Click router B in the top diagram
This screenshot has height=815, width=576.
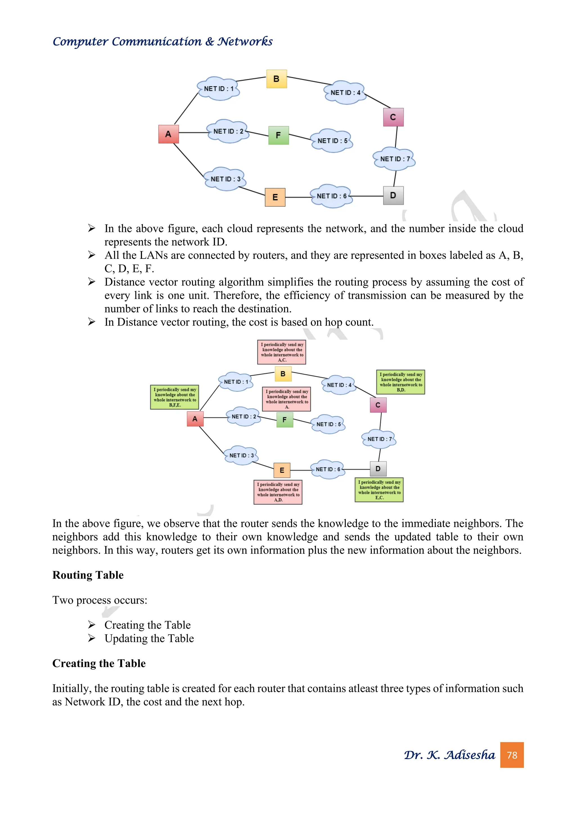(276, 79)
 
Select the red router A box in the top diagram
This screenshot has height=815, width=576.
(168, 134)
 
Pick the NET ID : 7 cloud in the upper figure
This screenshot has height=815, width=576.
(394, 159)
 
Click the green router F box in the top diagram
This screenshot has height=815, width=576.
(278, 135)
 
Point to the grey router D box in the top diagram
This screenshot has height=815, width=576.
(393, 196)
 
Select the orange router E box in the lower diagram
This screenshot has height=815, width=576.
(282, 470)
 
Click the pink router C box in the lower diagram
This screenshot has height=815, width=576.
(378, 405)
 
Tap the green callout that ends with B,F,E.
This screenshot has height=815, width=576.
(174, 397)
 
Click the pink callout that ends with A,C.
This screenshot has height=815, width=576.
(282, 352)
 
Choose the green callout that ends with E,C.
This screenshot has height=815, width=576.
(379, 490)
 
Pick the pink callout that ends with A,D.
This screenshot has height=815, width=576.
(278, 492)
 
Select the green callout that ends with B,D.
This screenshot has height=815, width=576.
(400, 382)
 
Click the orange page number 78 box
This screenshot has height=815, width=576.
(512, 755)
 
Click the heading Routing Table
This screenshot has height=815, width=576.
(88, 575)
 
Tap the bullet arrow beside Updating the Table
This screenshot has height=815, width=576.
(91, 638)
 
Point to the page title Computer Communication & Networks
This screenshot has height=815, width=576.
(163, 42)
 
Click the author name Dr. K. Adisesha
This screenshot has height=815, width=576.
(449, 755)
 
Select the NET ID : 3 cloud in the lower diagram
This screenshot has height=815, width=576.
(241, 455)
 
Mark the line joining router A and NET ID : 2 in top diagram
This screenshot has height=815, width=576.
(193, 133)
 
